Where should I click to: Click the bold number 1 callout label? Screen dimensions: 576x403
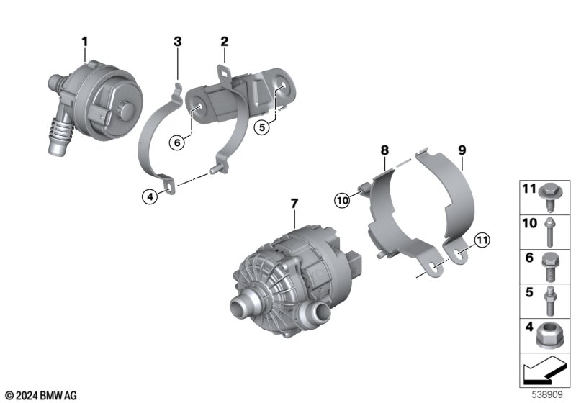(x=85, y=42)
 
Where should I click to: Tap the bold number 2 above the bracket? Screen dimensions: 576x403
(x=224, y=42)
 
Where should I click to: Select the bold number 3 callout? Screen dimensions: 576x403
(x=177, y=42)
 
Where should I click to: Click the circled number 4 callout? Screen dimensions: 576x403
(x=150, y=196)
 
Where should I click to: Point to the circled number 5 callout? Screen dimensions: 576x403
(x=262, y=127)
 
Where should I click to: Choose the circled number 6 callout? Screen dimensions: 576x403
(x=177, y=142)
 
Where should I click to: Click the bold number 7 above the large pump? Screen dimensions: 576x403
(x=294, y=204)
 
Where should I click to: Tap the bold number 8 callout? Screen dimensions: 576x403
(x=384, y=150)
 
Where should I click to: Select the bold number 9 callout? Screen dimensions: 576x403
(x=462, y=150)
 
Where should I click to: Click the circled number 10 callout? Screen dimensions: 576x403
(x=342, y=200)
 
